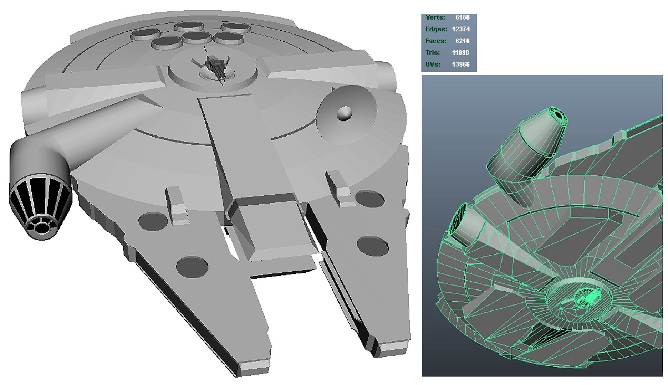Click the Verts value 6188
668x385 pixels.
462,17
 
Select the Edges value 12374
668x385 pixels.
460,29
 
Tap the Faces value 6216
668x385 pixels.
462,41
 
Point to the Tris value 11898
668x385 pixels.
460,53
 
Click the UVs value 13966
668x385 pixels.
460,65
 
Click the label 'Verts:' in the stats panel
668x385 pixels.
435,17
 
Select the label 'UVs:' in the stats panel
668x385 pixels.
433,65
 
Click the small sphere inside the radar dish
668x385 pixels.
345,113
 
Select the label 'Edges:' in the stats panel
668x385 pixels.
436,29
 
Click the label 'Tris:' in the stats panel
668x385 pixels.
432,53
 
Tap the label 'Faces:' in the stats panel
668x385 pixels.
435,41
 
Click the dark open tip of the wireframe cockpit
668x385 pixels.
558,115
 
